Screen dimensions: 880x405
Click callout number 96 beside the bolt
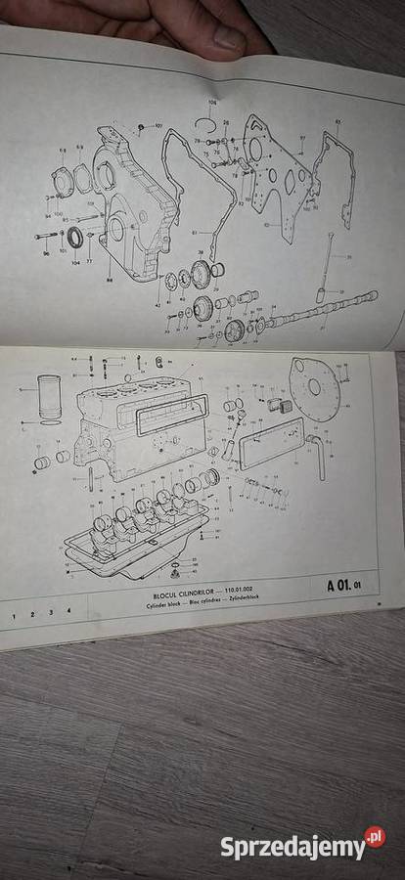(x=45, y=253)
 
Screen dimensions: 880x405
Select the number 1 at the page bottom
(x=13, y=616)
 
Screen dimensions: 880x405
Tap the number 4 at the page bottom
(x=68, y=611)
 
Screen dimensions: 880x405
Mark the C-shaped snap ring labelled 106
(x=204, y=121)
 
